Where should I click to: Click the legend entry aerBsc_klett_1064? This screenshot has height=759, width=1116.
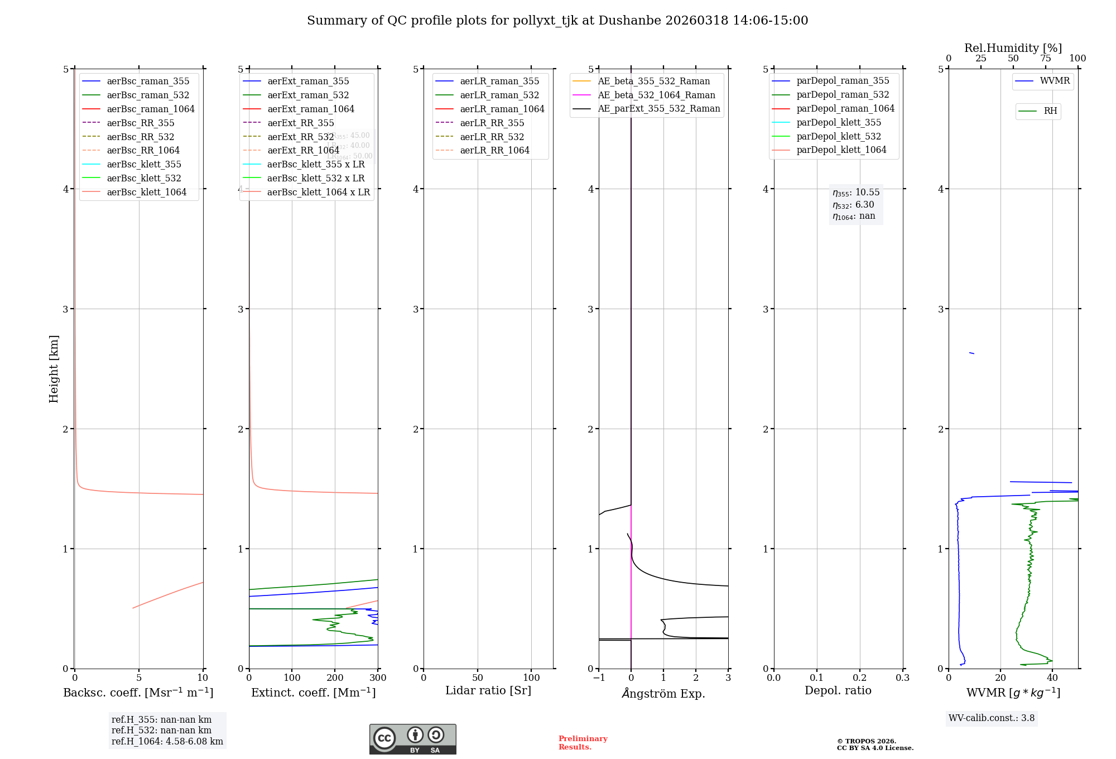[146, 192]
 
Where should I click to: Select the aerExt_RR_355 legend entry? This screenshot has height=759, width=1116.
[300, 123]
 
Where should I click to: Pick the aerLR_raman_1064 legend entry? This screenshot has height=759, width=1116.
[502, 109]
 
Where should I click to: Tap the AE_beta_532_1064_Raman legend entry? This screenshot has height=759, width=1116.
[656, 95]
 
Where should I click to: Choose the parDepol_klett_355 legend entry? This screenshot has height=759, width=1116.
[839, 122]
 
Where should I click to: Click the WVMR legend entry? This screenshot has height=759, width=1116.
[1055, 81]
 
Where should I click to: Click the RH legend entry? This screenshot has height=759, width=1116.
[1050, 111]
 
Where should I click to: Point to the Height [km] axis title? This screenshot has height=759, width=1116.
[54, 368]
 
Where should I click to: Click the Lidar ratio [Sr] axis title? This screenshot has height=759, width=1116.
[488, 690]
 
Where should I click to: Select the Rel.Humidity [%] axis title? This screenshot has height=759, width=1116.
[1013, 48]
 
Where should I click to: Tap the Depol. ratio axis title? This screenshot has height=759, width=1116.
[838, 690]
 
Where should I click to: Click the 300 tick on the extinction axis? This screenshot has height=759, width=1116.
[378, 678]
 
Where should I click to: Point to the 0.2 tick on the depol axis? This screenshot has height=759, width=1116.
[860, 678]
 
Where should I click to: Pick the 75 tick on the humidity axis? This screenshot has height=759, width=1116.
[1046, 59]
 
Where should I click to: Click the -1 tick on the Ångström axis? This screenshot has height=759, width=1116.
[598, 678]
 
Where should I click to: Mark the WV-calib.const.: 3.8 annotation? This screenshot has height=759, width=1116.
[992, 718]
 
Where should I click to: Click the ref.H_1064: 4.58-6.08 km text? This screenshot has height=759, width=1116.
[167, 741]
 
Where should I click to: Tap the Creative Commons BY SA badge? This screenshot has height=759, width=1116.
[412, 739]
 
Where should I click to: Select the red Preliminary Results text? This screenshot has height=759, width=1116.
[583, 742]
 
